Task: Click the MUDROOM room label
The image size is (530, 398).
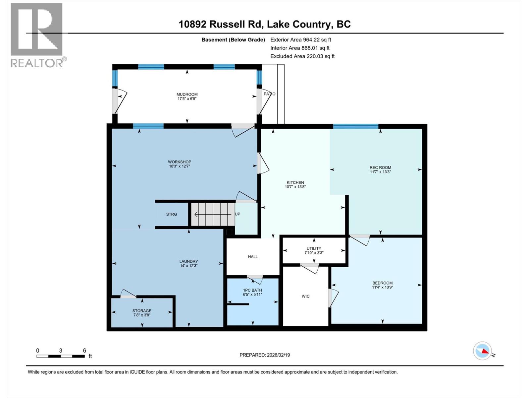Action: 187,94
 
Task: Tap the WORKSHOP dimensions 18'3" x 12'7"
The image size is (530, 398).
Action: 179,166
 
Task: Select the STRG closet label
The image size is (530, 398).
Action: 171,214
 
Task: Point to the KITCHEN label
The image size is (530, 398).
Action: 295,182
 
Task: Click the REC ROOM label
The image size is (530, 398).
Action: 380,167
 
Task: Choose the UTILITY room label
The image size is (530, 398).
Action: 314,248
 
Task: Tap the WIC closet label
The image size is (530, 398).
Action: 305,296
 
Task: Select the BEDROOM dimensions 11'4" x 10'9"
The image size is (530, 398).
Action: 382,288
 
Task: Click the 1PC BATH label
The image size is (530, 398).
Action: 252,290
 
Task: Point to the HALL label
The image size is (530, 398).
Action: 253,257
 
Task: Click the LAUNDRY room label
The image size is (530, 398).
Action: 188,261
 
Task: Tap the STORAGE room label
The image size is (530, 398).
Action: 142,311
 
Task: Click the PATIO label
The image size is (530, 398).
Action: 269,94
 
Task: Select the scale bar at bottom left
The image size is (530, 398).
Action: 60,356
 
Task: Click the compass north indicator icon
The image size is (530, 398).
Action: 482,351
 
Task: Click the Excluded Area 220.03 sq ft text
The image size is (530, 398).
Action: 302,56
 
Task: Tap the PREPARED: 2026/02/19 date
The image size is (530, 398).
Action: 265,355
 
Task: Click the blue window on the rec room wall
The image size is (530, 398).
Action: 355,126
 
